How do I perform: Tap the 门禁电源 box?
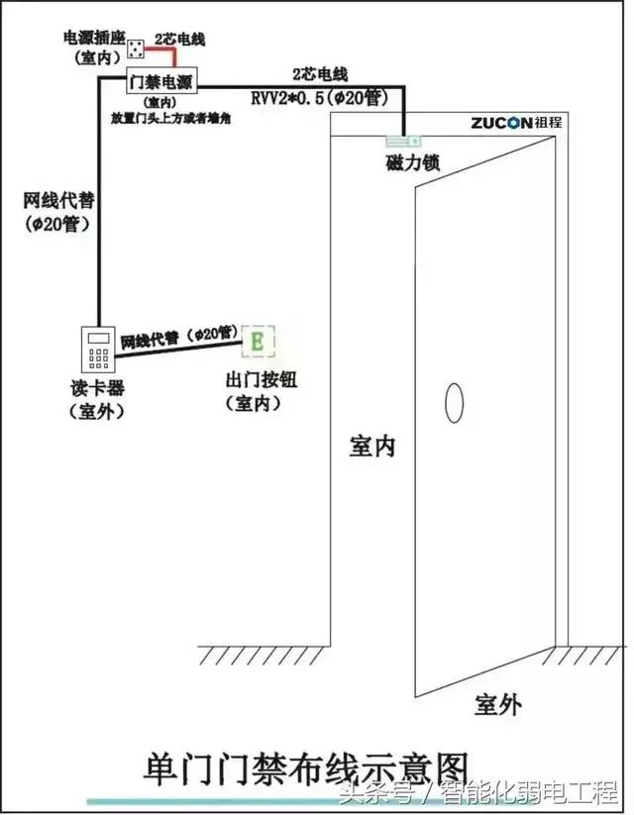pos(160,81)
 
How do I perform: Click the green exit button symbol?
pos(259,342)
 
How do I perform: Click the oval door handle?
pos(455,402)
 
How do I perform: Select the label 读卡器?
pos(96,388)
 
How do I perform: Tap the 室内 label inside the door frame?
pos(372,446)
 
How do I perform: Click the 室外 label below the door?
pos(497,704)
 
